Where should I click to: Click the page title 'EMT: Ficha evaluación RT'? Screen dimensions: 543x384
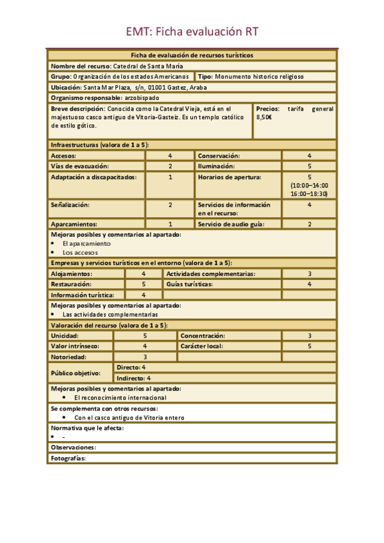coord(192,32)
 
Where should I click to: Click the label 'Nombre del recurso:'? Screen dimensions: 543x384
coord(81,66)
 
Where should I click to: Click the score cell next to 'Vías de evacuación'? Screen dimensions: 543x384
coord(170,166)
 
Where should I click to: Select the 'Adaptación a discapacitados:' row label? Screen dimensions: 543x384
coord(94,177)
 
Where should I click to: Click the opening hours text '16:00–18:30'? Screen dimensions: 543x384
coord(309,193)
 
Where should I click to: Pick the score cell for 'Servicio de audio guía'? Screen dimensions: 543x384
coord(309,224)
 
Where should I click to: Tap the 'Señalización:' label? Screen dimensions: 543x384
coord(71,205)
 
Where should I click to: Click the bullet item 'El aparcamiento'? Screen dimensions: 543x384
coord(87,243)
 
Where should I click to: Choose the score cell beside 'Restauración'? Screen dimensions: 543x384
coord(144,284)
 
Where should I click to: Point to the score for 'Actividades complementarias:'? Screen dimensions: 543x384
coord(309,273)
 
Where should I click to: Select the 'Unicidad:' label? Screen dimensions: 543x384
coord(65,336)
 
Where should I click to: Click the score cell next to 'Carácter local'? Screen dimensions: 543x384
coord(309,346)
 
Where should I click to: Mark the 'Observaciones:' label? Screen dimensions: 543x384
coord(73,448)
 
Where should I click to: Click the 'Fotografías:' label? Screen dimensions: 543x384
coord(68,458)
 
